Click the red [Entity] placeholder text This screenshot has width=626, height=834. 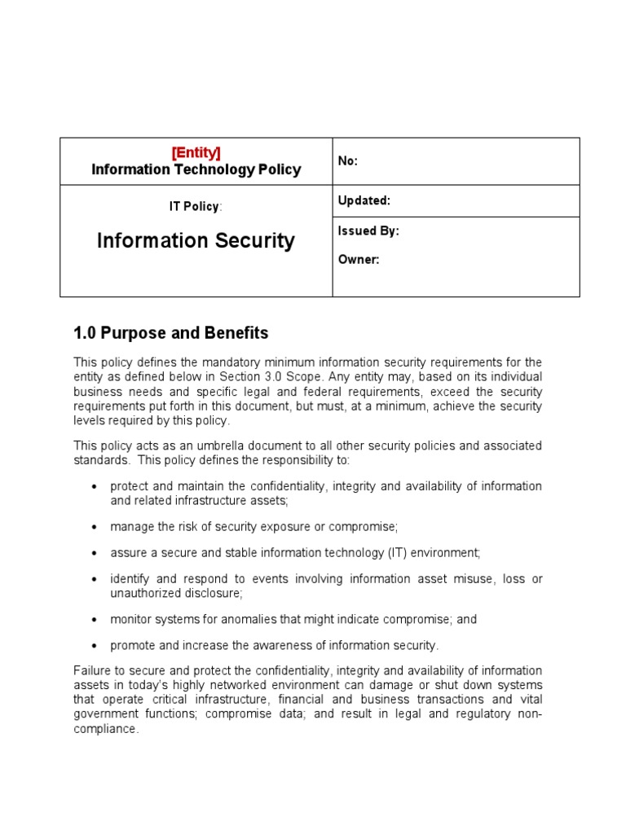[196, 153]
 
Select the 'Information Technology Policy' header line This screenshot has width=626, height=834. [196, 169]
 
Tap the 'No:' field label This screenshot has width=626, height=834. [348, 161]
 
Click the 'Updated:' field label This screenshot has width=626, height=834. [364, 200]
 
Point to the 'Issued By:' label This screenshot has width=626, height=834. [368, 230]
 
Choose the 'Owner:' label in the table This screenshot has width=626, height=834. [359, 261]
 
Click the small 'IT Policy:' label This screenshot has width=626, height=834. [196, 207]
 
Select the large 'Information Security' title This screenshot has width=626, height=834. [196, 241]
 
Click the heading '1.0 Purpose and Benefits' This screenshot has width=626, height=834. [170, 333]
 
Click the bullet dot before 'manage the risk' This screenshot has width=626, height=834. [95, 527]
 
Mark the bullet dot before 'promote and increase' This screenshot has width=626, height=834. [95, 646]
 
